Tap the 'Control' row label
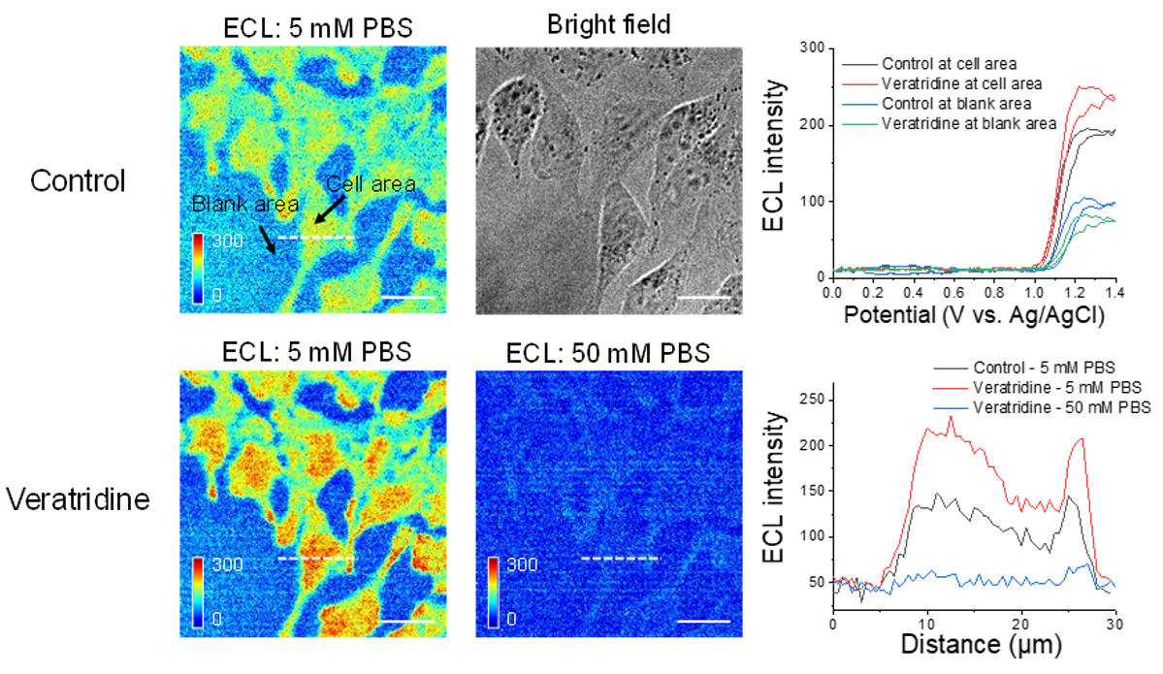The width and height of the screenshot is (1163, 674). pos(78,180)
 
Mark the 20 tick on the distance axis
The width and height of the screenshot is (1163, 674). pos(1021,623)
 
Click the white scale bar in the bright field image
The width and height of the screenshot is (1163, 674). pos(702,295)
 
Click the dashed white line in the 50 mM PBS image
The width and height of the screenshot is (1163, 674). pos(620,559)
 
